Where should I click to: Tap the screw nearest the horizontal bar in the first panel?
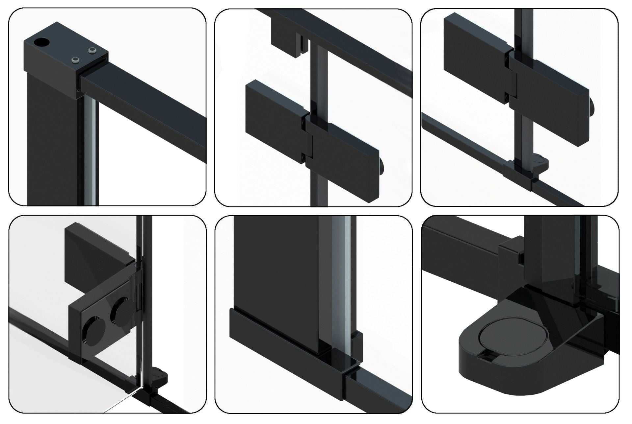[76, 60]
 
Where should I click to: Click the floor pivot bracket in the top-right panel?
[523, 171]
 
